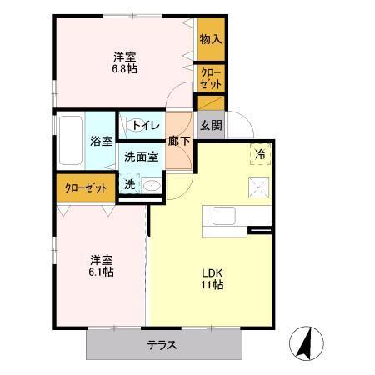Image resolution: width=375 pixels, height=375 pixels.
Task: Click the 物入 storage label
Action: pyautogui.click(x=210, y=38)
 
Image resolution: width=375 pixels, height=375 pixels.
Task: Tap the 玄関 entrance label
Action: pyautogui.click(x=212, y=126)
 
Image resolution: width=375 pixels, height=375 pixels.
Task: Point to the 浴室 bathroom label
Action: pyautogui.click(x=102, y=141)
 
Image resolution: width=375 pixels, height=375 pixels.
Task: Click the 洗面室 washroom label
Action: pyautogui.click(x=141, y=157)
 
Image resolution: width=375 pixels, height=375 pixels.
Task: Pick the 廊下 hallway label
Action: pyautogui.click(x=178, y=141)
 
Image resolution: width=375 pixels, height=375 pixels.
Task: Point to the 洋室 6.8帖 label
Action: pyautogui.click(x=125, y=62)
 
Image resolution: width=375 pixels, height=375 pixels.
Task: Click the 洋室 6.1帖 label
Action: pyautogui.click(x=102, y=265)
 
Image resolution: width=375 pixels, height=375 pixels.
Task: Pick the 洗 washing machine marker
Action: pyautogui.click(x=130, y=184)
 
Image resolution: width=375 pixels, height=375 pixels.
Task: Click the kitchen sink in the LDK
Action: pyautogui.click(x=224, y=216)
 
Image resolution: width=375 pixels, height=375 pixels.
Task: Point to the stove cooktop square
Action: pyautogui.click(x=258, y=187)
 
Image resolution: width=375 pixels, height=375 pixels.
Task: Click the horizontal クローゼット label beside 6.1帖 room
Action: pyautogui.click(x=85, y=187)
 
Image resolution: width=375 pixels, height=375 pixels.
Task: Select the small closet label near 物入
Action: pyautogui.click(x=210, y=78)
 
